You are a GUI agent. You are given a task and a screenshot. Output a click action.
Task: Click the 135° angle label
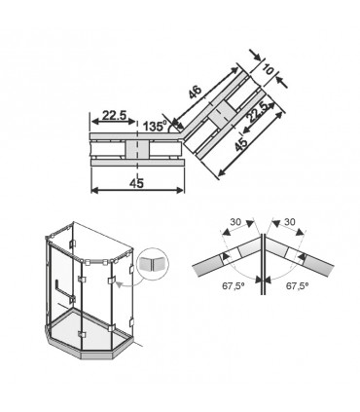click(155, 126)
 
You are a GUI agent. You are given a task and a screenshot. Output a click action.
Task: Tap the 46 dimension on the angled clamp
click(196, 92)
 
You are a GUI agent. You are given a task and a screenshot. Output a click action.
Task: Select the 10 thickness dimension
click(268, 69)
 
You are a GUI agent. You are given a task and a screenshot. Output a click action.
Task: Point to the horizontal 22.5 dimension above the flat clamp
click(114, 115)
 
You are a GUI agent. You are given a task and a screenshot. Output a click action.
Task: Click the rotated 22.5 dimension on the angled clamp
click(259, 112)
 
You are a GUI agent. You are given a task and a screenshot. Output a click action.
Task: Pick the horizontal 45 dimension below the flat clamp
click(136, 183)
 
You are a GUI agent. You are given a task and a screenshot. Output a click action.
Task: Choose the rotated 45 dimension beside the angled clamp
click(241, 144)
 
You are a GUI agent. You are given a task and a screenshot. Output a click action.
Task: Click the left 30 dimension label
click(235, 222)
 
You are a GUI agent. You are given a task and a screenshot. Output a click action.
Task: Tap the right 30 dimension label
click(290, 222)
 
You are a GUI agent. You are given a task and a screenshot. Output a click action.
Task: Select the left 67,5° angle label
click(233, 285)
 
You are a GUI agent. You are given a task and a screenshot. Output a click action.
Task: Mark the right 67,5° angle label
click(297, 285)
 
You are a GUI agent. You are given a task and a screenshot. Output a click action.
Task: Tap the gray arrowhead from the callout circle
click(120, 285)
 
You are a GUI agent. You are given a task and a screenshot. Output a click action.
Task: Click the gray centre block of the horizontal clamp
click(137, 151)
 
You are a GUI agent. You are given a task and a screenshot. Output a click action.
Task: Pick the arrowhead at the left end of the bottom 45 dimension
click(94, 190)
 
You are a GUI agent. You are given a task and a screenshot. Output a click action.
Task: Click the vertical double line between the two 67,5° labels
click(263, 264)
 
